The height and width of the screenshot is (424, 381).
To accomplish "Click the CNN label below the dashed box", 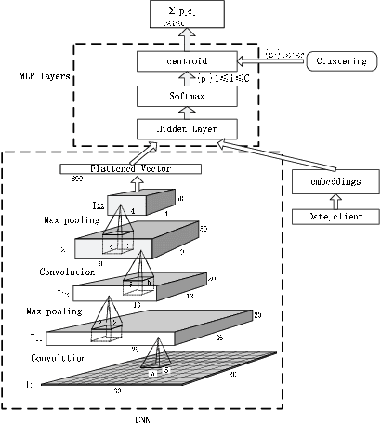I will point(141,417).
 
